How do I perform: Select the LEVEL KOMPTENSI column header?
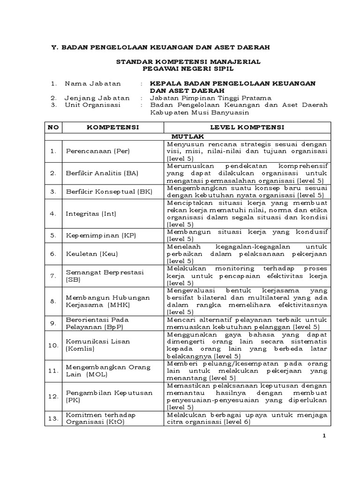(x=247, y=127)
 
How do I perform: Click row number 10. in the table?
(x=53, y=345)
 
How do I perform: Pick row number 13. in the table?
(x=53, y=418)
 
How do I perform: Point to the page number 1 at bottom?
(x=323, y=437)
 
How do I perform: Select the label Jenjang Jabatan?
(x=97, y=98)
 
